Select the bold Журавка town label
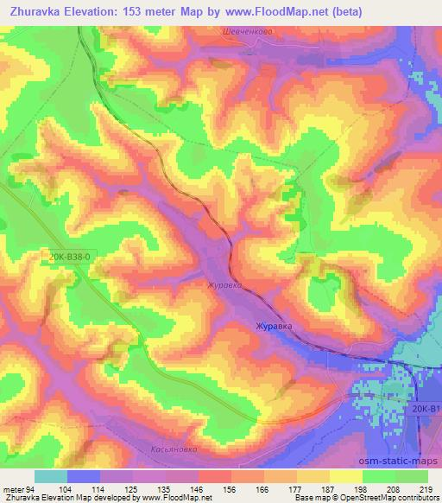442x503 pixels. coord(274,326)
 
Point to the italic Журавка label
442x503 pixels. coord(221,283)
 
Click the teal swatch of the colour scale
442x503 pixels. coord(50,476)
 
